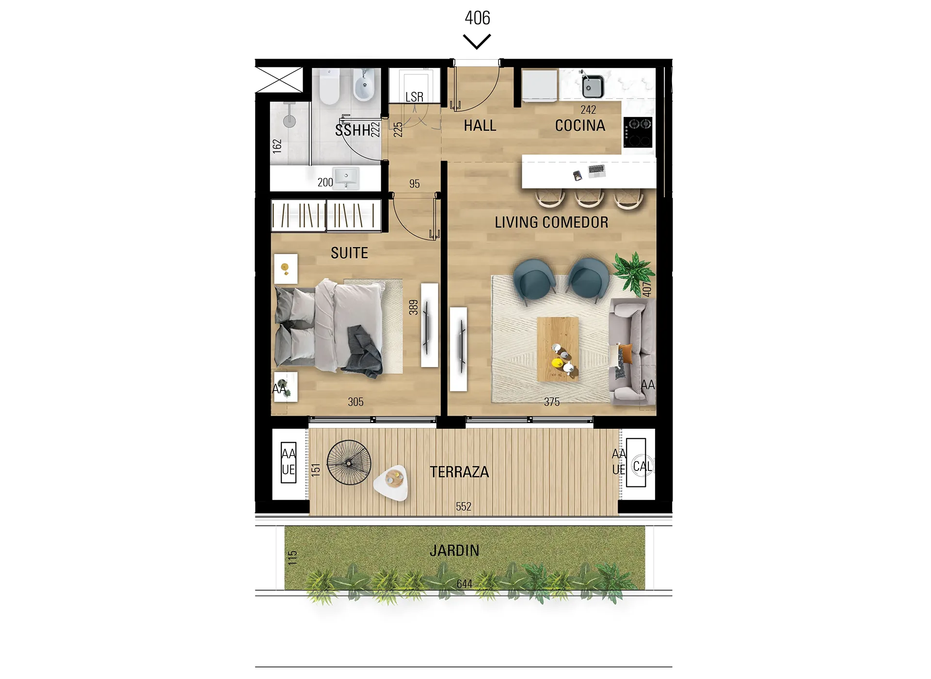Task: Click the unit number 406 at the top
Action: click(x=477, y=18)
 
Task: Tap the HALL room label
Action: click(x=480, y=126)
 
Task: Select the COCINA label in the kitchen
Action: click(x=580, y=126)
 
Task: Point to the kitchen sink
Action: click(x=592, y=86)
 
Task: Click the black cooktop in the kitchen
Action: click(x=638, y=132)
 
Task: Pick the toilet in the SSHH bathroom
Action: click(x=329, y=86)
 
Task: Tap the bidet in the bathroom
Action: click(x=364, y=85)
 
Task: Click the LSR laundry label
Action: click(x=414, y=97)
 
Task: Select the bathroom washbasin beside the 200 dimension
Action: click(x=346, y=178)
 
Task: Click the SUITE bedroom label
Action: click(x=349, y=253)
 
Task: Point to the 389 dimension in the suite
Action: click(x=413, y=307)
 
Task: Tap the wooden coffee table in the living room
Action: click(x=558, y=349)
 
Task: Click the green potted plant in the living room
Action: click(x=633, y=272)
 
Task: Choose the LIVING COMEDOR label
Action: click(x=551, y=222)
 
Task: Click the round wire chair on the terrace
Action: click(x=349, y=462)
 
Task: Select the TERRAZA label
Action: click(x=459, y=472)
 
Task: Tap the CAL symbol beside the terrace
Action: click(x=642, y=466)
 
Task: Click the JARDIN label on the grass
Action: click(x=454, y=550)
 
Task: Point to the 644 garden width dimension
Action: click(x=464, y=583)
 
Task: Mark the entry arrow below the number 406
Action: click(x=477, y=41)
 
